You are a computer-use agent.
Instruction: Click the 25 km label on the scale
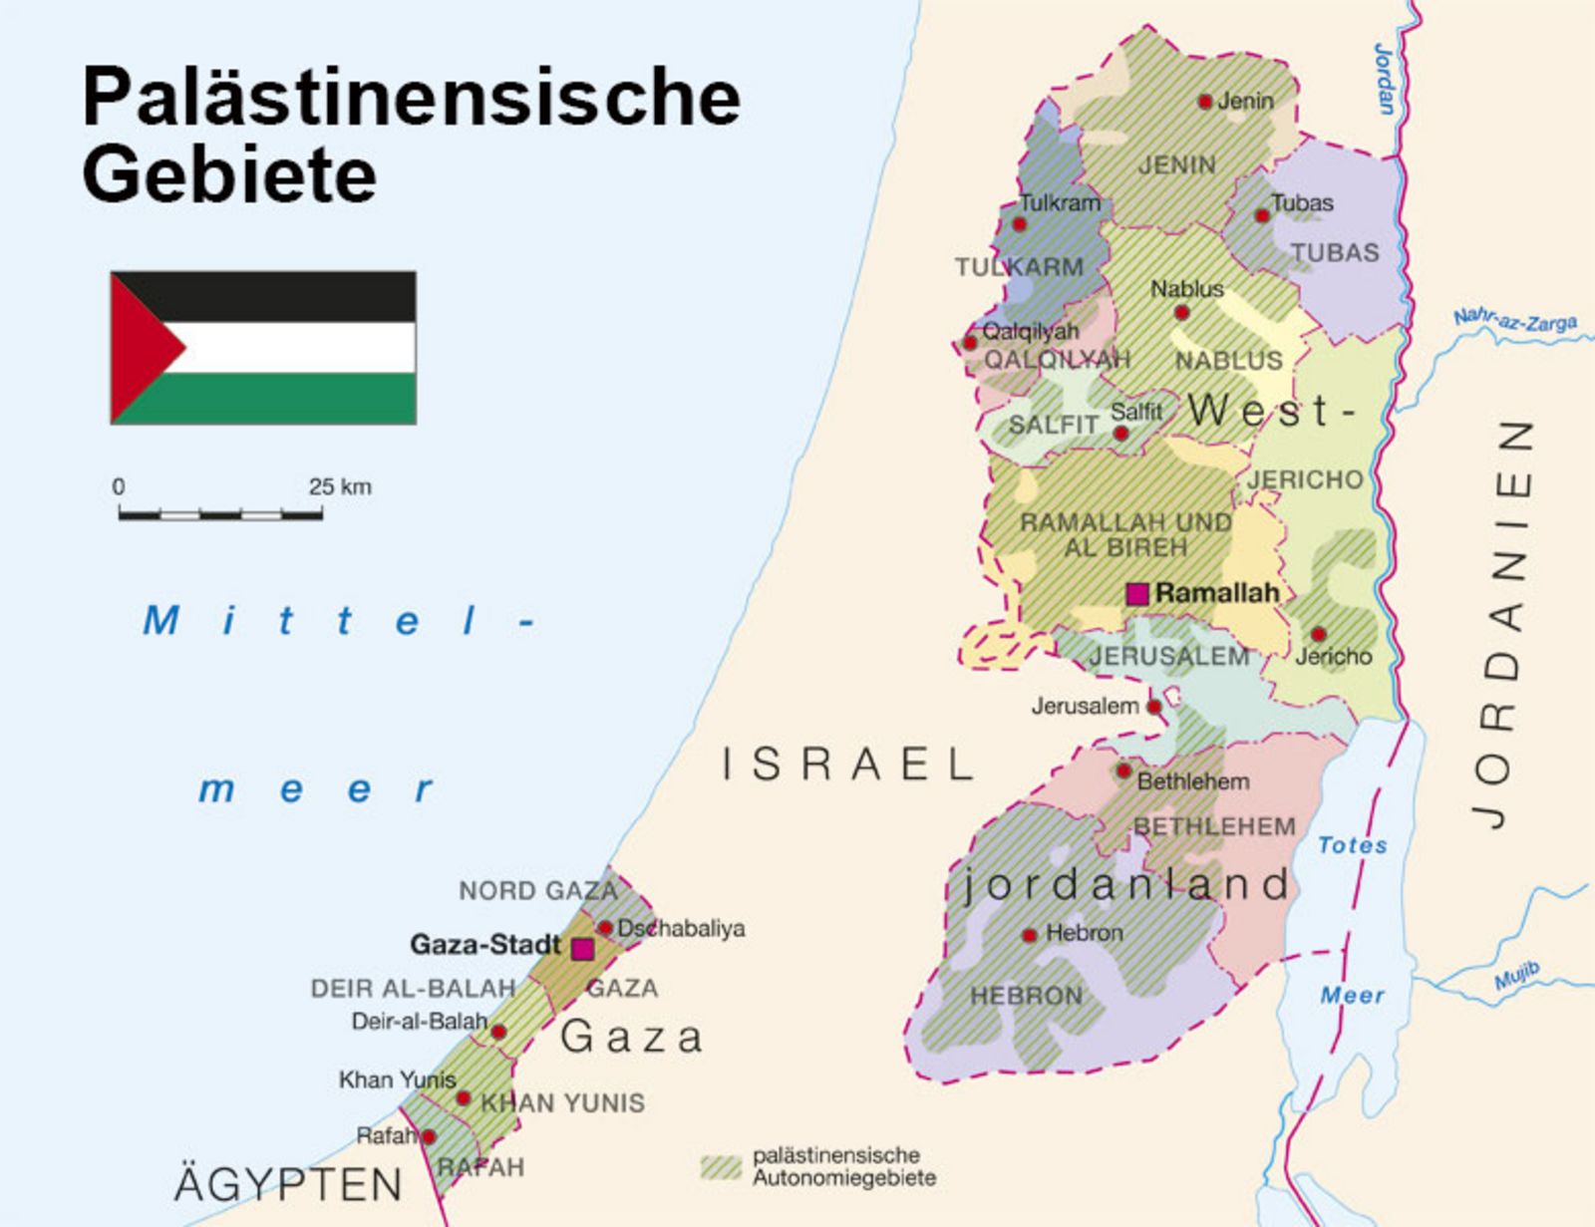pyautogui.click(x=340, y=487)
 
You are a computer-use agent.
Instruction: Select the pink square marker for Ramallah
pyautogui.click(x=1136, y=594)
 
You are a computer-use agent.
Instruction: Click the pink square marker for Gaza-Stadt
pyautogui.click(x=583, y=949)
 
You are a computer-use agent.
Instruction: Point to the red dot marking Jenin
pyautogui.click(x=1204, y=101)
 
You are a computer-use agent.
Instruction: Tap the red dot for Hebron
pyautogui.click(x=1030, y=935)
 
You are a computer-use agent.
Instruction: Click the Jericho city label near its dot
pyautogui.click(x=1334, y=657)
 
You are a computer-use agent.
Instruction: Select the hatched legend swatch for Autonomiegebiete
pyautogui.click(x=721, y=1167)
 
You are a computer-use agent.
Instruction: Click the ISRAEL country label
pyautogui.click(x=847, y=765)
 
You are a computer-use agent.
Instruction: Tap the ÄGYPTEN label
pyautogui.click(x=288, y=1184)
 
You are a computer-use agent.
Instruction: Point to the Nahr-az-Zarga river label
pyautogui.click(x=1514, y=320)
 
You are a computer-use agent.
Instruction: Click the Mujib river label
pyautogui.click(x=1517, y=977)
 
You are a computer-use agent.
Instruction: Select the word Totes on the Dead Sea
pyautogui.click(x=1352, y=845)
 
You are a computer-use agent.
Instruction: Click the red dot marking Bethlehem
pyautogui.click(x=1123, y=770)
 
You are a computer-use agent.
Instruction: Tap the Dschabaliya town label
pyautogui.click(x=681, y=928)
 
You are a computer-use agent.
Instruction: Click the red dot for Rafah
pyautogui.click(x=429, y=1136)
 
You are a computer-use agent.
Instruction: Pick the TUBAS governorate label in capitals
pyautogui.click(x=1335, y=253)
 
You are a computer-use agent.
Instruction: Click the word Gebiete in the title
pyautogui.click(x=229, y=174)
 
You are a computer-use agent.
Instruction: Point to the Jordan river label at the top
pyautogui.click(x=1385, y=79)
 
